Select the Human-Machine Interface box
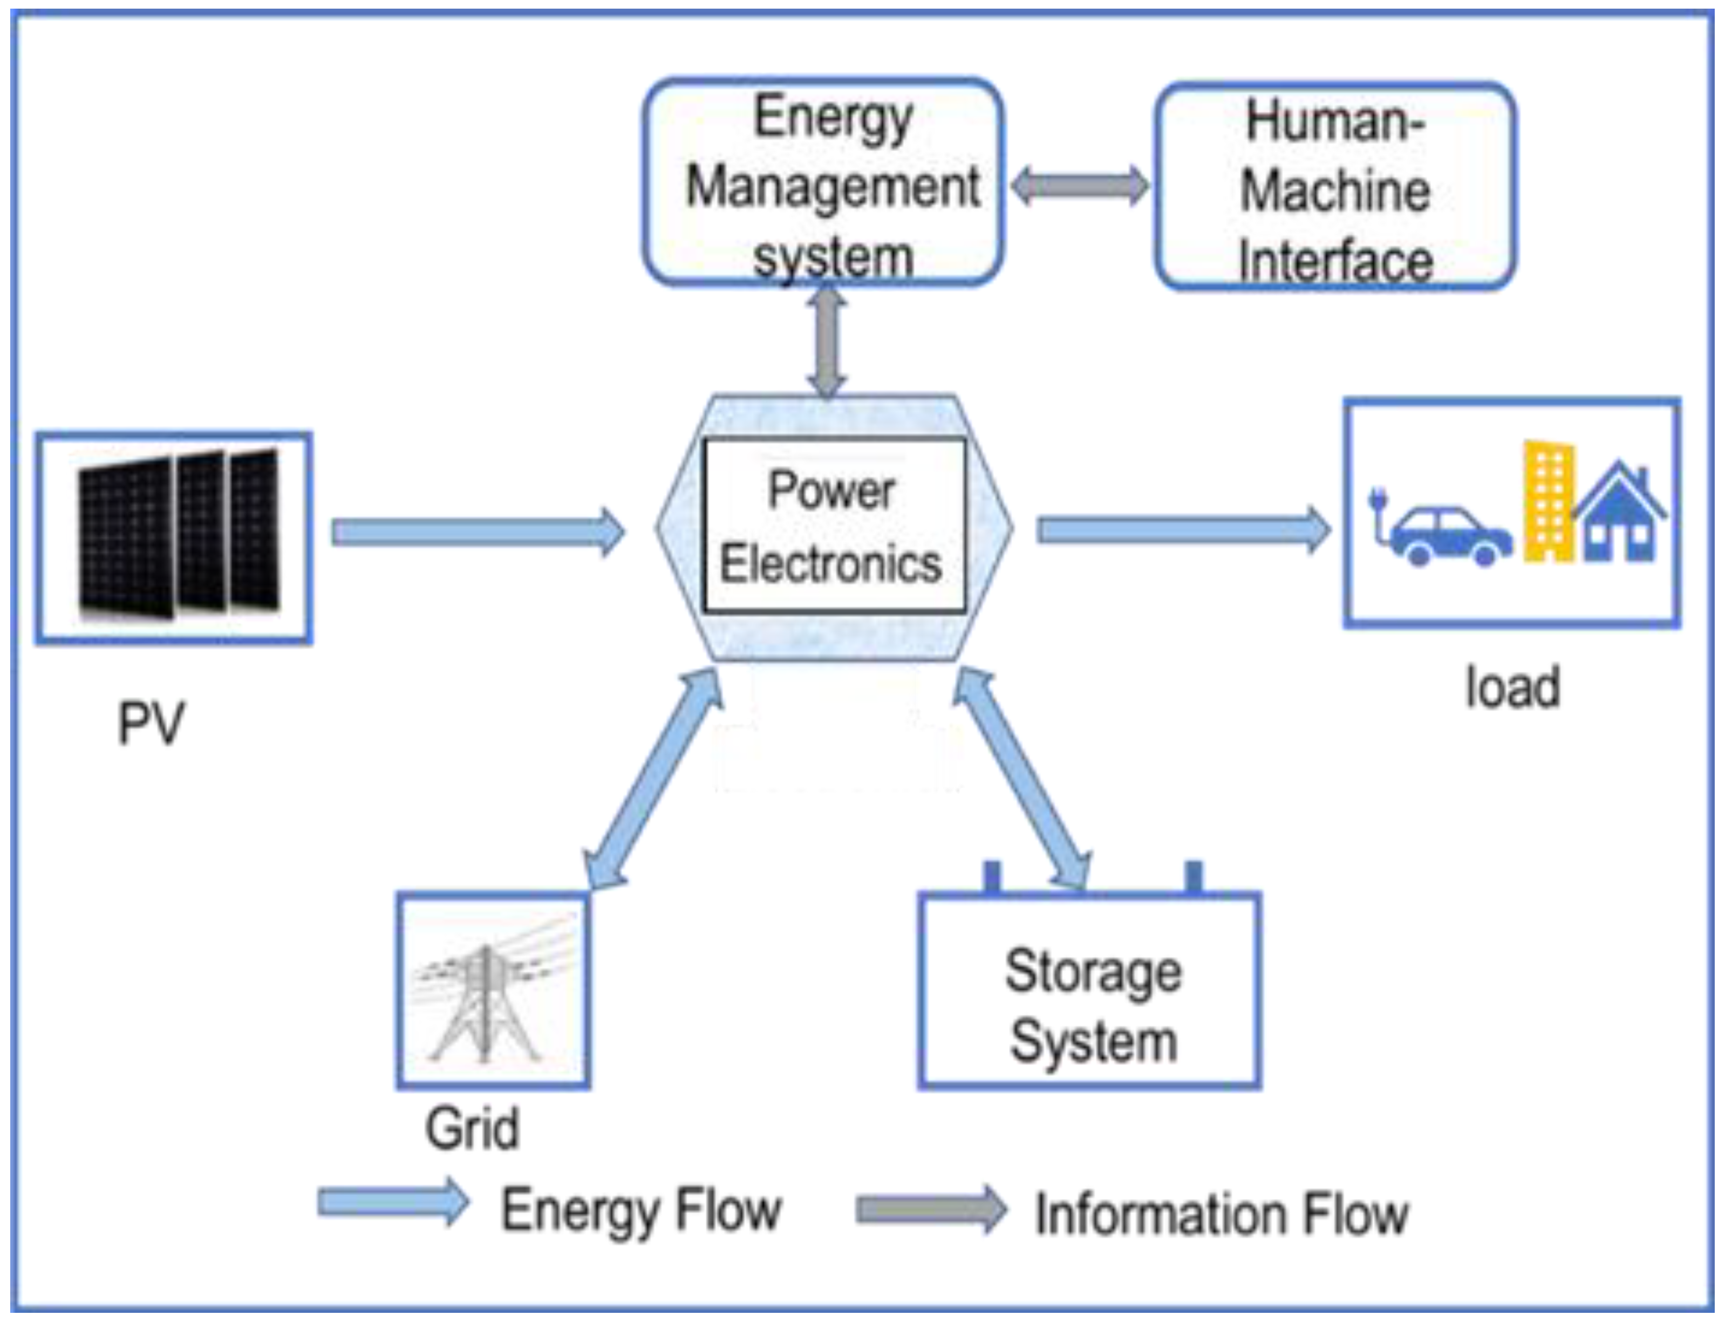(1335, 187)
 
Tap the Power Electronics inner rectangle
(834, 525)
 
